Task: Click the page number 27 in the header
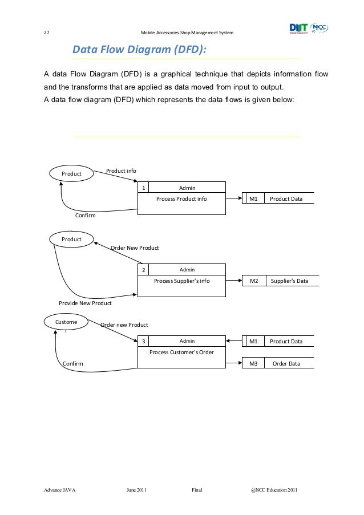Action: coord(46,33)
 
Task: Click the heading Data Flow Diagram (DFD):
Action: coord(139,51)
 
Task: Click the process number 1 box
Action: coord(144,188)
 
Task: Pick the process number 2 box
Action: coord(144,270)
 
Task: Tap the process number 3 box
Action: coord(144,341)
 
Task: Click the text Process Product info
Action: coord(181,199)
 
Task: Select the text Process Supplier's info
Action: coord(182,281)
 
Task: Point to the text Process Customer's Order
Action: coord(181,352)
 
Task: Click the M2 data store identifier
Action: coord(254,281)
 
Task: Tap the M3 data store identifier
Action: coord(254,364)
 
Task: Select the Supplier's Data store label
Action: coord(289,281)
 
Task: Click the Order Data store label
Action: coord(286,364)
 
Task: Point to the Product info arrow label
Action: coord(121,171)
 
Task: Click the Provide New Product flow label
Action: coord(85,303)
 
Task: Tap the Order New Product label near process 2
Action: coord(135,248)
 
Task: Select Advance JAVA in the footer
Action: coord(60,490)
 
